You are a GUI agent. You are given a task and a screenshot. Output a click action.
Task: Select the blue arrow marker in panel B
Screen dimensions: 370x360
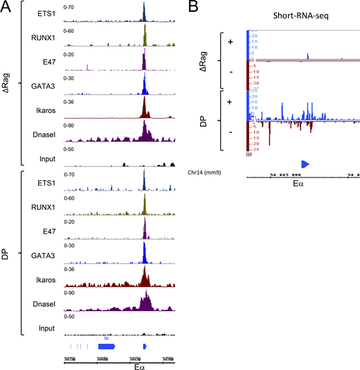(x=305, y=163)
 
